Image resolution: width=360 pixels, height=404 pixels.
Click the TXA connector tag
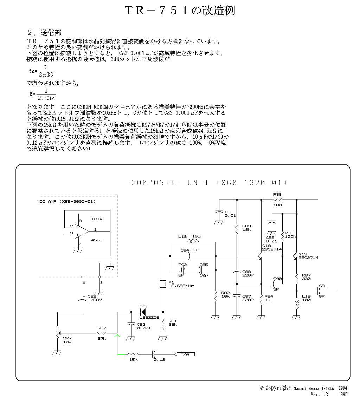click(x=185, y=354)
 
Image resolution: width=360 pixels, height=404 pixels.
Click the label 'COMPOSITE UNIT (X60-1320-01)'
click(x=209, y=183)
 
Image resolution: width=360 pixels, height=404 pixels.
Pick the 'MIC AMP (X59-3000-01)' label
click(x=66, y=201)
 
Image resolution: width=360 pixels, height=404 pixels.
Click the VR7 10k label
click(x=67, y=340)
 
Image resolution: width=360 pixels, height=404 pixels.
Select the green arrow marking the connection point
click(x=117, y=337)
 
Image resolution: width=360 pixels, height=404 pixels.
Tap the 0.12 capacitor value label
click(x=159, y=359)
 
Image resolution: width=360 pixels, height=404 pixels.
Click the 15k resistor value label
click(x=133, y=359)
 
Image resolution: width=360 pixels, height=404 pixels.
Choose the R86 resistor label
click(x=277, y=194)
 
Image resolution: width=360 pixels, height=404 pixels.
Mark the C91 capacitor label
click(x=323, y=286)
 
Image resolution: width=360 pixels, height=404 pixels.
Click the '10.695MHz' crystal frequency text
click(x=181, y=286)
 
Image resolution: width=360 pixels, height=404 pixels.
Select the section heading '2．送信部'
click(x=45, y=33)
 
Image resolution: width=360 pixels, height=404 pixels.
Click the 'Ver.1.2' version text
click(x=319, y=395)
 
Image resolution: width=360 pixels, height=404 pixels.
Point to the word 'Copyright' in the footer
click(x=278, y=388)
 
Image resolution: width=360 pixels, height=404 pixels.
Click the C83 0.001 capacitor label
click(x=143, y=326)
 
